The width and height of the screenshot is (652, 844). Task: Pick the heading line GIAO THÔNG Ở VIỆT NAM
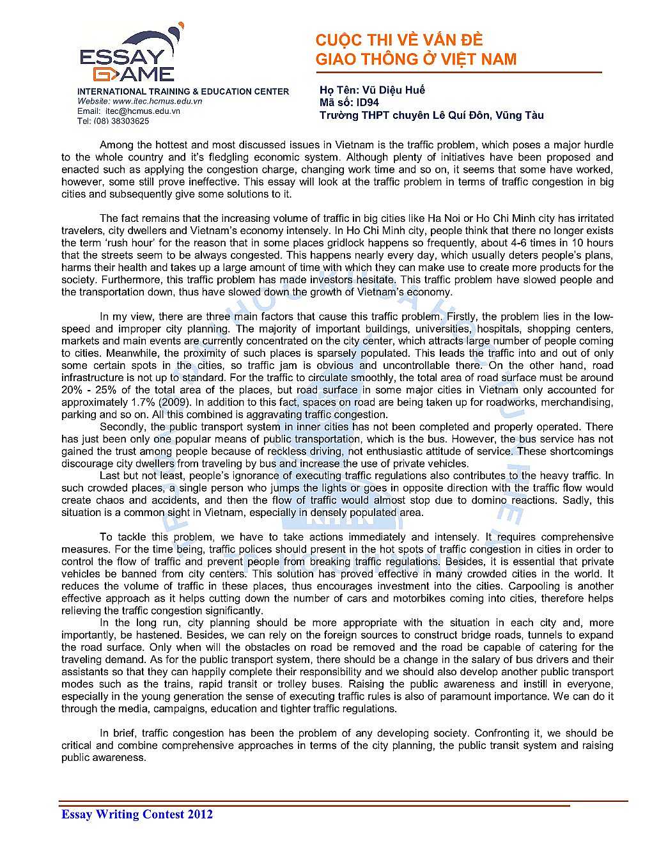[x=415, y=59]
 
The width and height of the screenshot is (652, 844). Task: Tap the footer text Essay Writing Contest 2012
[x=137, y=814]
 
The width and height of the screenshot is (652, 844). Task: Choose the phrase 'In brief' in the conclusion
[x=118, y=733]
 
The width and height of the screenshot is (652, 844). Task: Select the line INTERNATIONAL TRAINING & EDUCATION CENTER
[x=183, y=91]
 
